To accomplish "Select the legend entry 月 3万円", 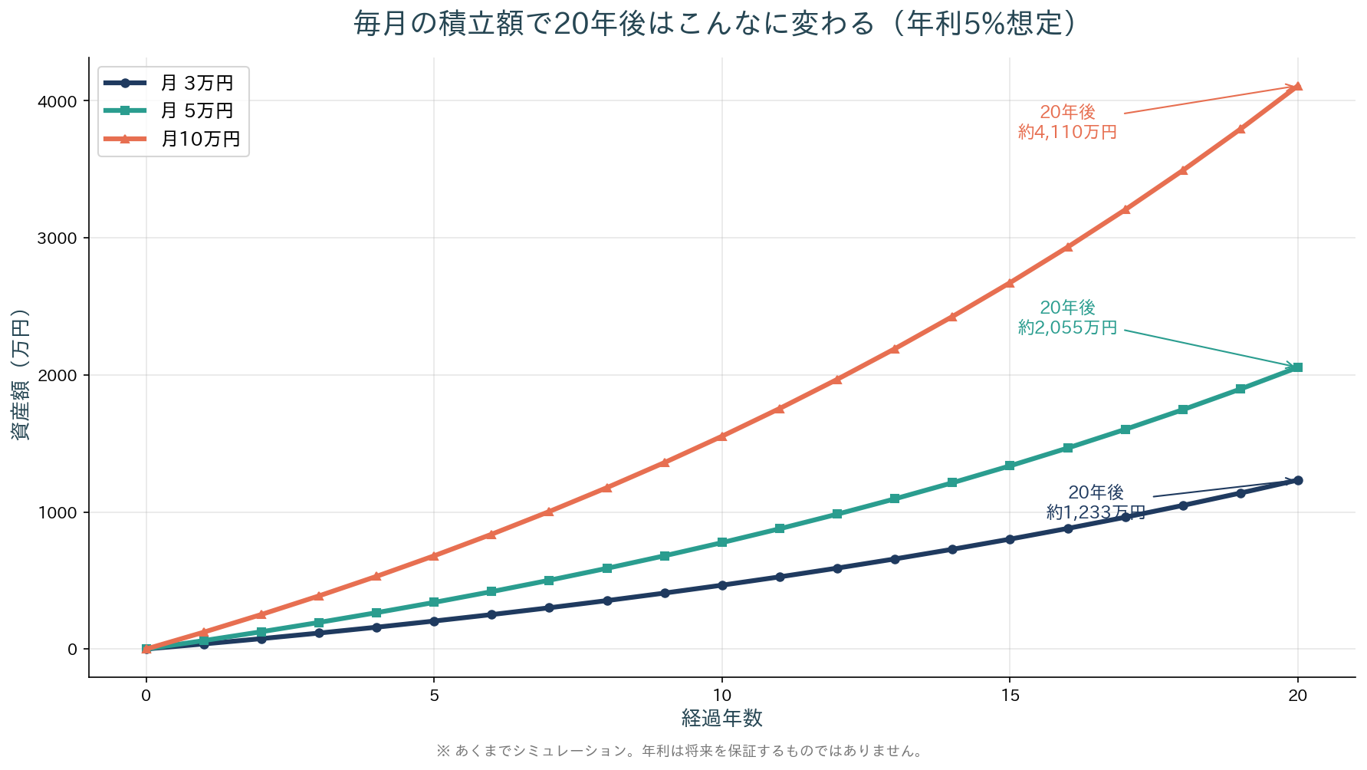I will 196,83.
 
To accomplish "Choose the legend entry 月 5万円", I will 196,111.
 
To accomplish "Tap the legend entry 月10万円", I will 200,139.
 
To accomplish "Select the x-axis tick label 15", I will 1010,696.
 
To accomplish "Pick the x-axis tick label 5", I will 434,696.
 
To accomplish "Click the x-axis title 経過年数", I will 721,719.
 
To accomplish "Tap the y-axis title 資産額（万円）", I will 21,375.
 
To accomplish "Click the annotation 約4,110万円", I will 1067,132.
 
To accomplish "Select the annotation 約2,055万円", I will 1067,327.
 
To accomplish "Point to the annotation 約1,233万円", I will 1096,512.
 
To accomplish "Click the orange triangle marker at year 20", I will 1297,87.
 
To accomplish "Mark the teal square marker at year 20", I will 1297,368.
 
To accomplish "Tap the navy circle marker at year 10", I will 721,585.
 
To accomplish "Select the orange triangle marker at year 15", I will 1010,283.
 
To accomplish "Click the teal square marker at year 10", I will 721,542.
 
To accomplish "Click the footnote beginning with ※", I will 681,752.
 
